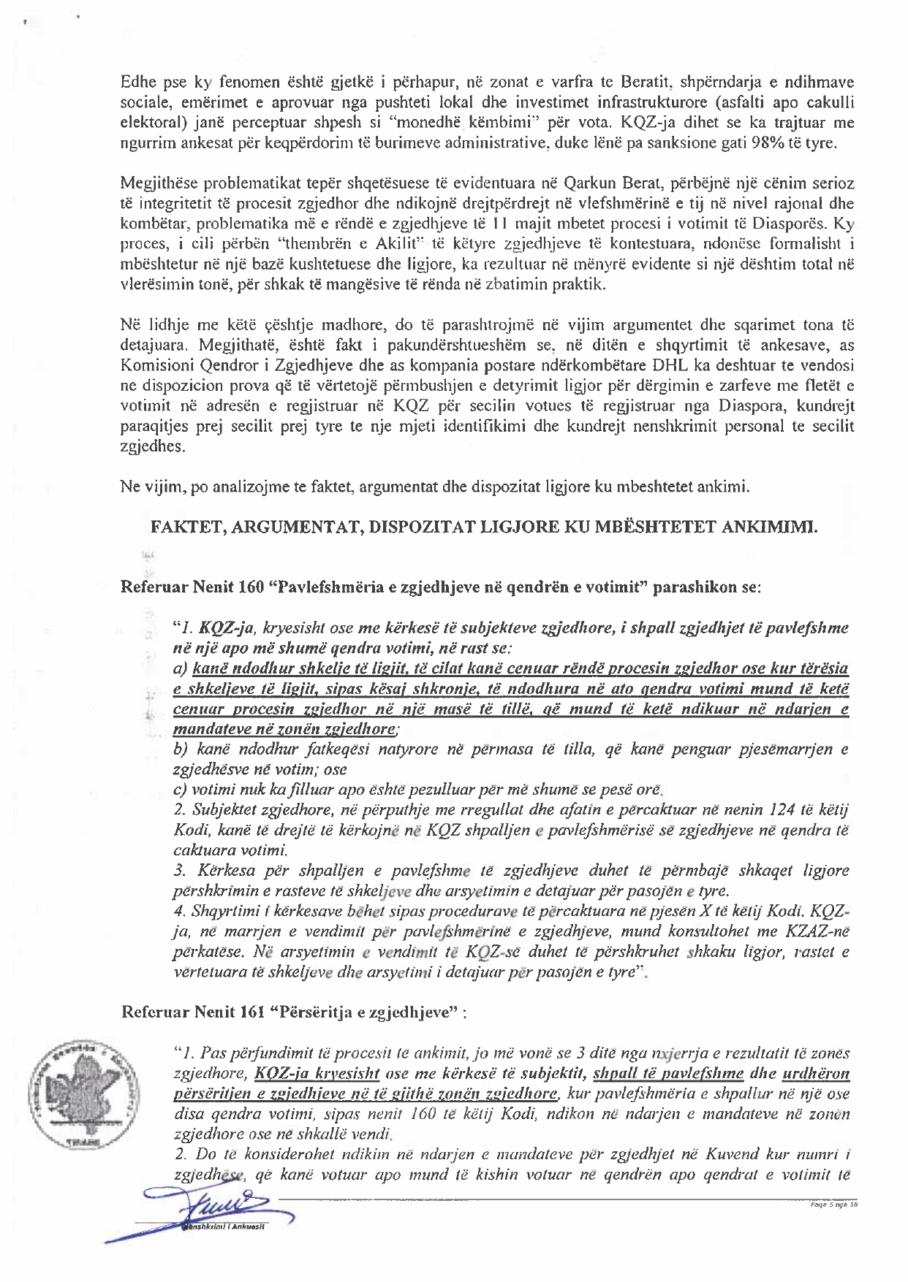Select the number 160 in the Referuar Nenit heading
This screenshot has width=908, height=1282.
pyautogui.click(x=252, y=587)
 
